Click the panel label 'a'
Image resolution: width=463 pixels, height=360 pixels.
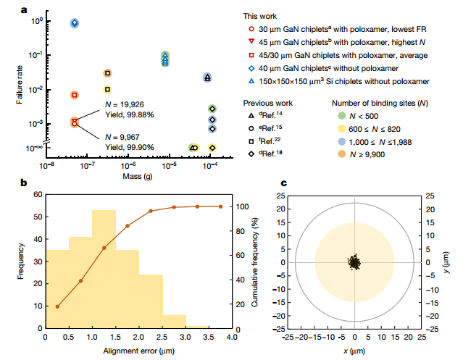coord(25,10)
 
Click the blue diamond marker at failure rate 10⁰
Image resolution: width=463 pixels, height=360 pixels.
coord(75,23)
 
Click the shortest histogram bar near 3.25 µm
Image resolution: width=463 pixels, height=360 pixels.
coord(196,326)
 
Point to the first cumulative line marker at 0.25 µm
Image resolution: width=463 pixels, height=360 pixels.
coord(57,306)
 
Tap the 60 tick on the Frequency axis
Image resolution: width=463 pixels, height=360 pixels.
coord(36,196)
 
